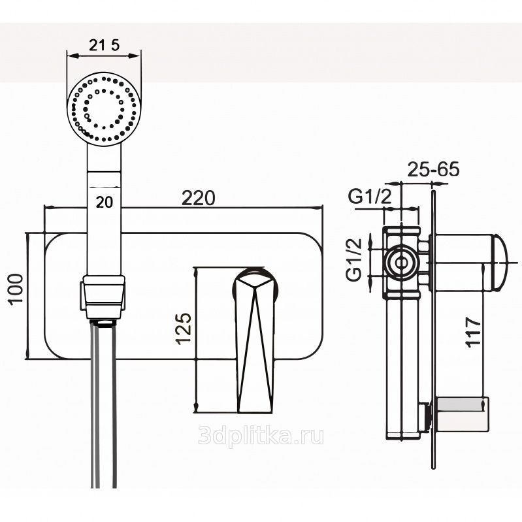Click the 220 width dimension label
199,198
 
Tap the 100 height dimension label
16,288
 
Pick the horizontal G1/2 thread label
370,196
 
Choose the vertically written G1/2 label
354,259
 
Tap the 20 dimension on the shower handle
104,202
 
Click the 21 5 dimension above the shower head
105,45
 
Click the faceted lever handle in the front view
254,340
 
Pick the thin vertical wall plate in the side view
432,327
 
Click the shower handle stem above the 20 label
105,173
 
